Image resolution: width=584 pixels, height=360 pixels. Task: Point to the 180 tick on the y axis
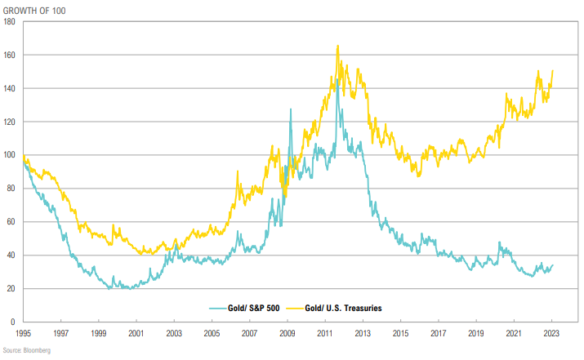(x=11, y=22)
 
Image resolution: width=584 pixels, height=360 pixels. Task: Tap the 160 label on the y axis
(x=11, y=56)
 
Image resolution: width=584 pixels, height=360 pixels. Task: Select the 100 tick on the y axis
(x=11, y=155)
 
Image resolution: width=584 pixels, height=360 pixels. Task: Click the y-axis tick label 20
(x=12, y=289)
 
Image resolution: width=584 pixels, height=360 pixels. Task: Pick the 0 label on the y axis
(x=15, y=322)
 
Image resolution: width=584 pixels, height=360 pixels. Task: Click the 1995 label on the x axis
(x=24, y=333)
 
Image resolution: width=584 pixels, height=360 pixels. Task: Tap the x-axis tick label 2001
(x=136, y=333)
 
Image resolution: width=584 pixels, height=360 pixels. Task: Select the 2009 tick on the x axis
(x=288, y=333)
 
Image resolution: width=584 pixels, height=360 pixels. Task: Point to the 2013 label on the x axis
(x=363, y=333)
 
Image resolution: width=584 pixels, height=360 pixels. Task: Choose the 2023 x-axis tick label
(x=551, y=333)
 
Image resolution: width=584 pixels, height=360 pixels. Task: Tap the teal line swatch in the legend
(x=218, y=308)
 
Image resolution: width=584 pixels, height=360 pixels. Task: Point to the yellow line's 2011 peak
(x=337, y=47)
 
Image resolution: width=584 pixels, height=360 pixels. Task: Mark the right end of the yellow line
(x=553, y=70)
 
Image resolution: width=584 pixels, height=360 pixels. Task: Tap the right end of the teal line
(x=553, y=264)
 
